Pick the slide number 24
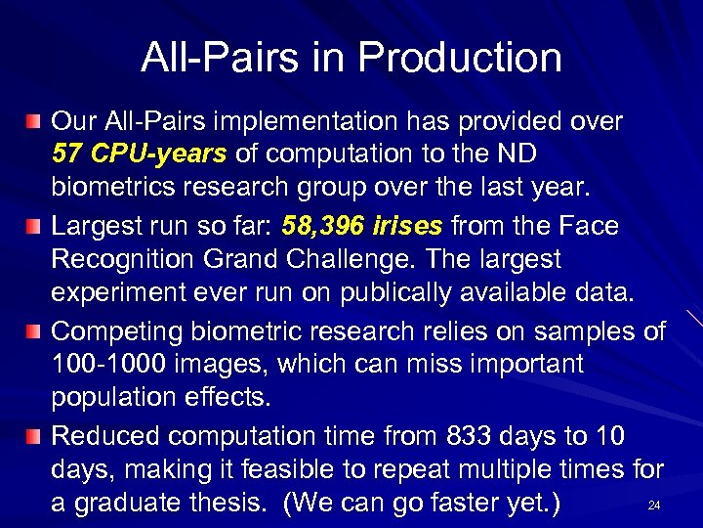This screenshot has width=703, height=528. coord(653,506)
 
